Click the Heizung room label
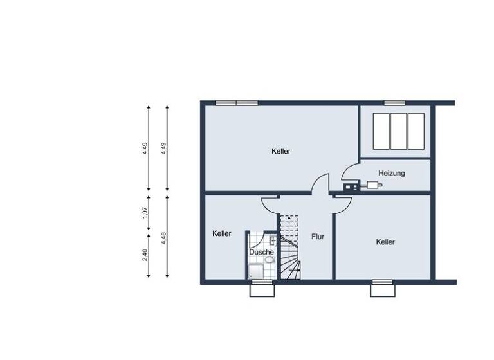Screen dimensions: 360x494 (391, 173)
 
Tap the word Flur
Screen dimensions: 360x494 (318, 237)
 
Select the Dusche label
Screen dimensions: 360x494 (261, 252)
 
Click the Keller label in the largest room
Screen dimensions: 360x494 (281, 151)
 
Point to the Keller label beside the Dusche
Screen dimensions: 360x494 (222, 234)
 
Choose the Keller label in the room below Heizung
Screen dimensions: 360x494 (385, 242)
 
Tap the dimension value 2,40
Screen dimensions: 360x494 (145, 255)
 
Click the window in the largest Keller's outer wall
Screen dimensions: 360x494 (236, 102)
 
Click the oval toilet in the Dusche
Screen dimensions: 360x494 (273, 242)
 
